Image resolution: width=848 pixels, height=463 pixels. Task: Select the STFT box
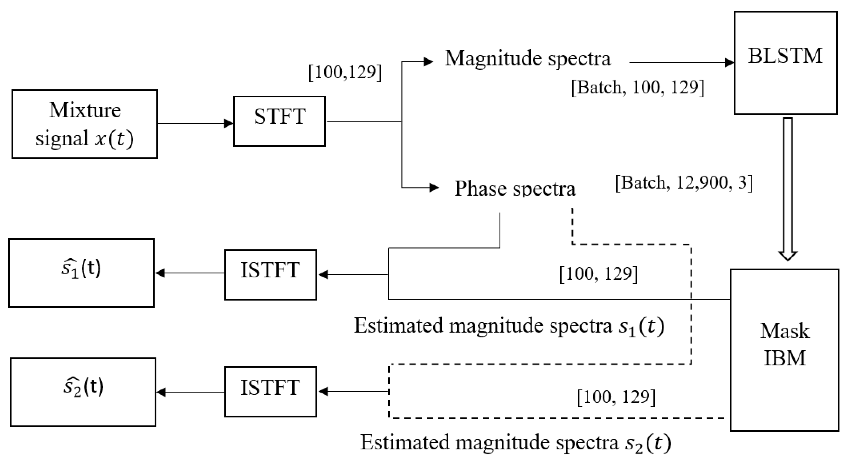279,121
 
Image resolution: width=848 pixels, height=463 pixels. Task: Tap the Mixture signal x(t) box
85,124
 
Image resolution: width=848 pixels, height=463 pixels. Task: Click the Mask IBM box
784,350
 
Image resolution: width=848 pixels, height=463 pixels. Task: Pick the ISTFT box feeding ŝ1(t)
270,275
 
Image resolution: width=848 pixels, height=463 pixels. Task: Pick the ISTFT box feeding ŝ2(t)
270,391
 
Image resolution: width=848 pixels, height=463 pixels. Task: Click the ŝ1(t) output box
81,273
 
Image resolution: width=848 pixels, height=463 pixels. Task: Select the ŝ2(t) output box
83,392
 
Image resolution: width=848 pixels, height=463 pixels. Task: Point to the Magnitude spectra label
528,59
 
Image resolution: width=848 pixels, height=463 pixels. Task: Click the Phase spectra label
515,189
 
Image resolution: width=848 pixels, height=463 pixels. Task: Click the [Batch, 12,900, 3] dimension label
684,183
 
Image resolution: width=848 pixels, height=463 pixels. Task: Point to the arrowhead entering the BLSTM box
729,62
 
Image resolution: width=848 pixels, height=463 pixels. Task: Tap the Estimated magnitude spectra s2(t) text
515,442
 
